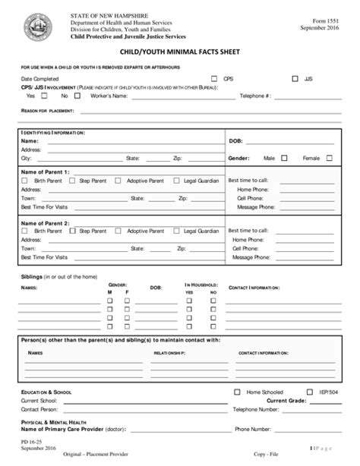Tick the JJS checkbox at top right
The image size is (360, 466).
tap(295, 78)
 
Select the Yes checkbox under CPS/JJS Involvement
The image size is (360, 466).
tap(43, 96)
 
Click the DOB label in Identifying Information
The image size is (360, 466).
tap(235, 140)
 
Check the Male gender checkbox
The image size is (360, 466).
tap(284, 158)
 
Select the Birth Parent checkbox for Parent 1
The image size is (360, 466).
tap(27, 181)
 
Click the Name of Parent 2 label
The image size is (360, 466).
tap(46, 222)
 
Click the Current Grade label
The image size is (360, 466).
tap(286, 400)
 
